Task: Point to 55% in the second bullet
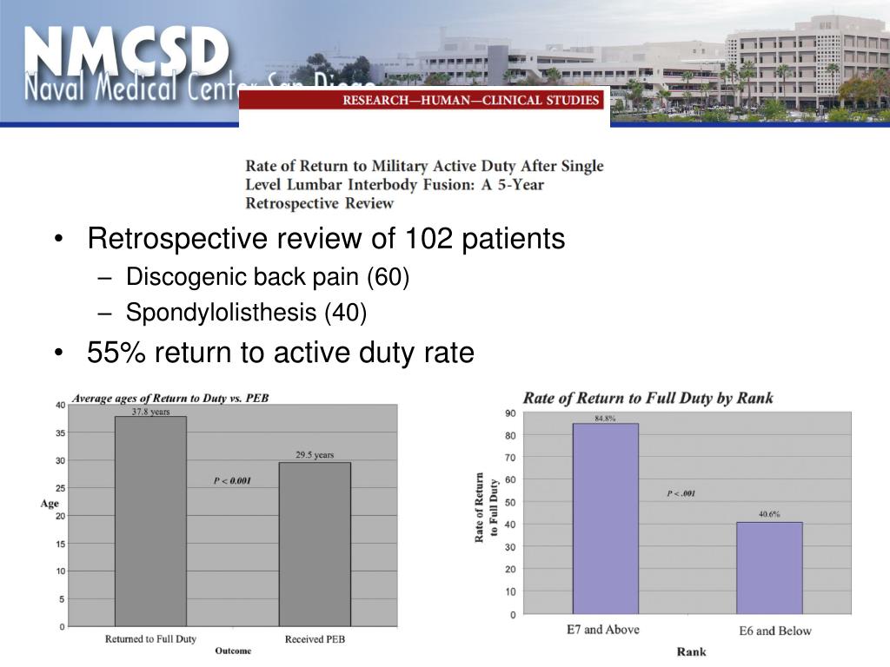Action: point(113,353)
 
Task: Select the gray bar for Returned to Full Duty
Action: point(150,521)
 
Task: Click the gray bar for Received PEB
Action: point(315,544)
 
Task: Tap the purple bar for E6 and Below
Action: point(769,568)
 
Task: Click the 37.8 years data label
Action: point(150,412)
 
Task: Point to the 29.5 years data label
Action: point(315,455)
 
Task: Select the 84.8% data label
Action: point(605,418)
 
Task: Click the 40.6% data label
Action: point(769,514)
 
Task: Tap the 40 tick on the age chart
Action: point(60,405)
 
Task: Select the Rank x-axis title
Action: point(692,651)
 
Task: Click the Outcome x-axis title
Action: point(233,650)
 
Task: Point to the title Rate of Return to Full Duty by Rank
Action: point(648,399)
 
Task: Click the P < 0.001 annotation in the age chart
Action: point(232,480)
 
